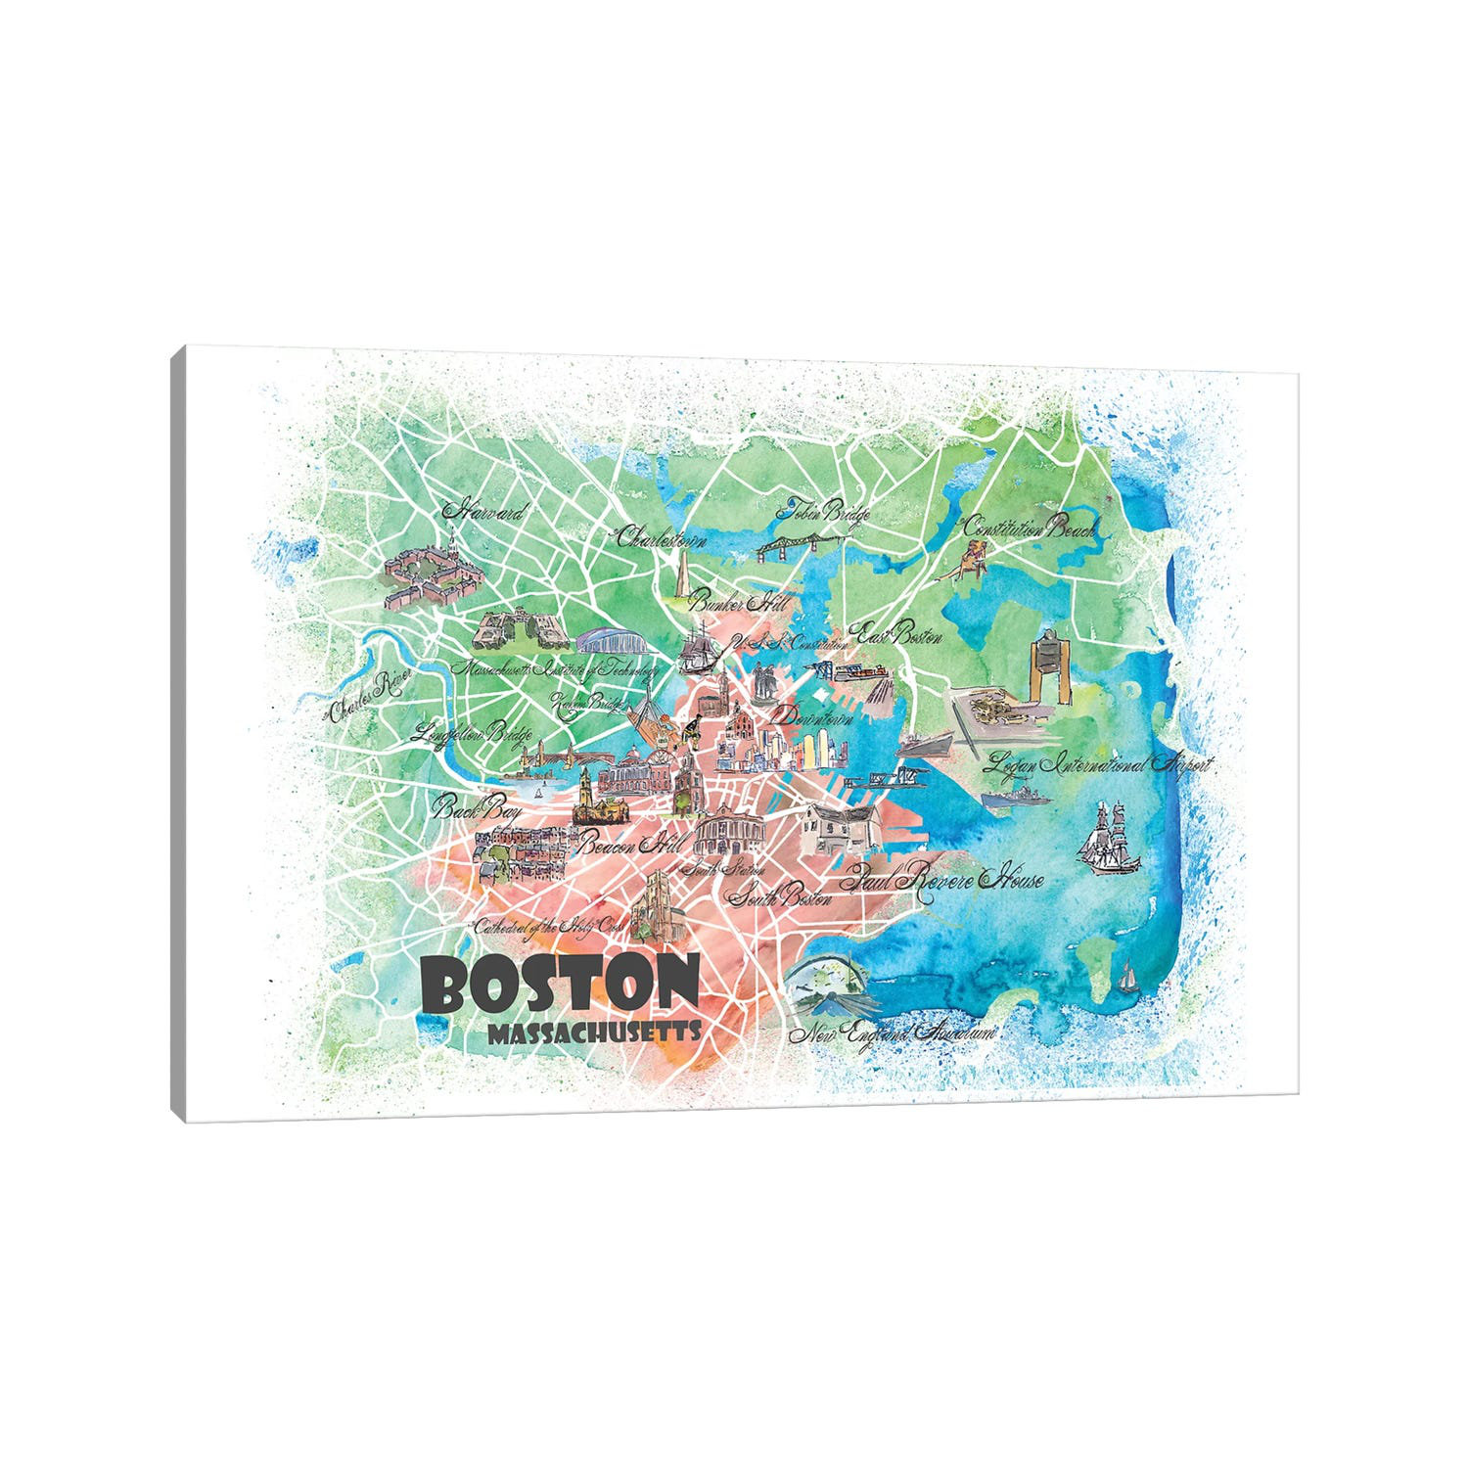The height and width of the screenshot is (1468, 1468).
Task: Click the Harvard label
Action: point(484,512)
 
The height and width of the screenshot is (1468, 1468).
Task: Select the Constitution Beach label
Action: point(1030,528)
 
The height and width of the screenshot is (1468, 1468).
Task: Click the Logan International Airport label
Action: point(1100,763)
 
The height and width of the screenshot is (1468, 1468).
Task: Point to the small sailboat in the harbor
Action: point(1129,976)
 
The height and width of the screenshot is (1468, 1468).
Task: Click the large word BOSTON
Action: point(561,984)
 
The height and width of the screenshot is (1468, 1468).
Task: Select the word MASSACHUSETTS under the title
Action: point(595,1032)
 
